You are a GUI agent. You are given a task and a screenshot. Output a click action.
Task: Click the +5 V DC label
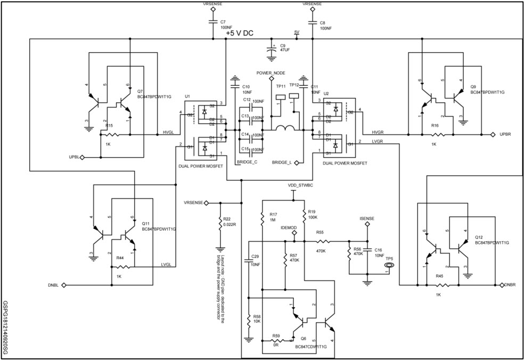tap(239, 33)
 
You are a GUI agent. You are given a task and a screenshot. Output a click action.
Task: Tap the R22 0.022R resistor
tap(219, 222)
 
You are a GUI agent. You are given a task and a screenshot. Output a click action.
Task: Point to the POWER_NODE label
tap(271, 72)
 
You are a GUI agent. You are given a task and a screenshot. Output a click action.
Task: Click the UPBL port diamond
tap(83, 158)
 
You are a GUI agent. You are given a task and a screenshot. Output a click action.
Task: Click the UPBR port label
tap(505, 135)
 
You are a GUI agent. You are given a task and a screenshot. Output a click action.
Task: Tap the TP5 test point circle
tap(389, 265)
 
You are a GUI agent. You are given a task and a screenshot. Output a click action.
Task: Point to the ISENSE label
tap(367, 218)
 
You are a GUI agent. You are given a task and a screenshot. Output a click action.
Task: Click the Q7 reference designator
tap(140, 92)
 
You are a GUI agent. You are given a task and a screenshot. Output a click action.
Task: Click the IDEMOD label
tap(288, 227)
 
